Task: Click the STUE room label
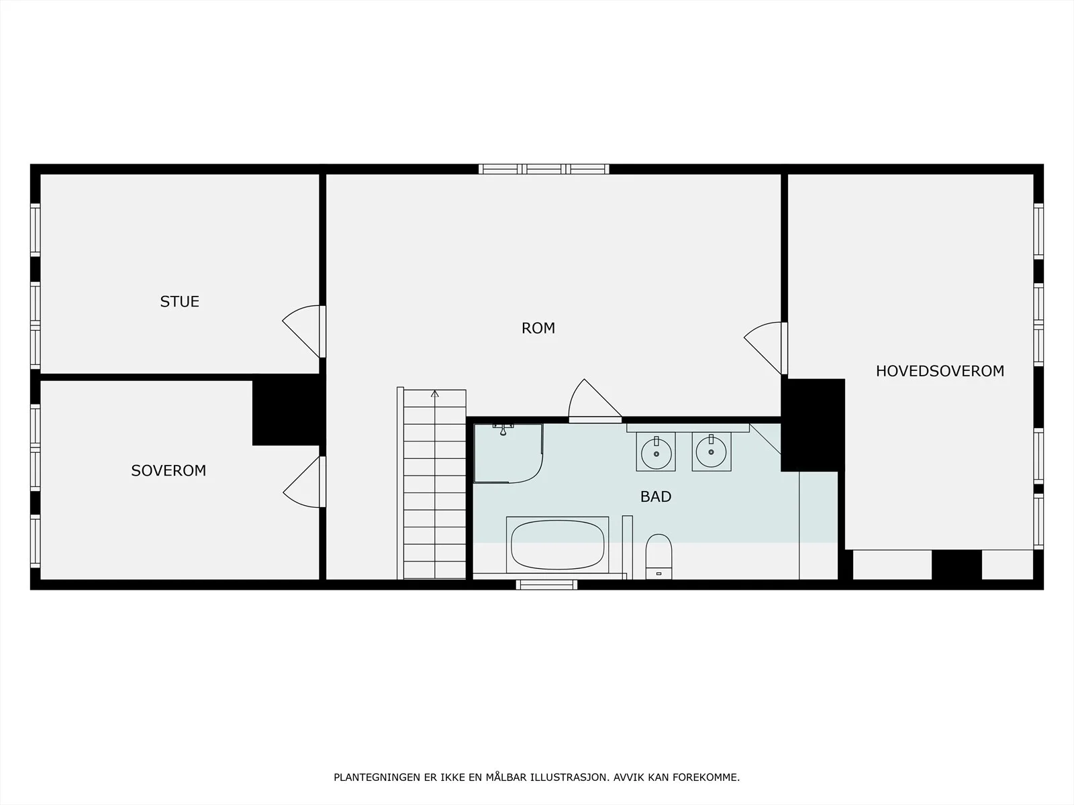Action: (x=180, y=302)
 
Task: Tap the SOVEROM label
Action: (x=168, y=471)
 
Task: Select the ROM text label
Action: (x=538, y=328)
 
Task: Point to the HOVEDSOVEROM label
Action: (x=940, y=371)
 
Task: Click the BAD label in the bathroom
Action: (x=656, y=496)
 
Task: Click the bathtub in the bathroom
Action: (x=557, y=545)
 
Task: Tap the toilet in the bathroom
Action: (x=658, y=557)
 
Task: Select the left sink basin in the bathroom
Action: (x=656, y=453)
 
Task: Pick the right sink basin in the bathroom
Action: (x=712, y=452)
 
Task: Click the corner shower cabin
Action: (x=508, y=453)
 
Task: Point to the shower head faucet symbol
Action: (x=503, y=429)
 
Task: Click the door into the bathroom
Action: (x=595, y=400)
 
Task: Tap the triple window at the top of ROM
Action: (x=544, y=169)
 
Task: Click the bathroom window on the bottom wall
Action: (x=546, y=584)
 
